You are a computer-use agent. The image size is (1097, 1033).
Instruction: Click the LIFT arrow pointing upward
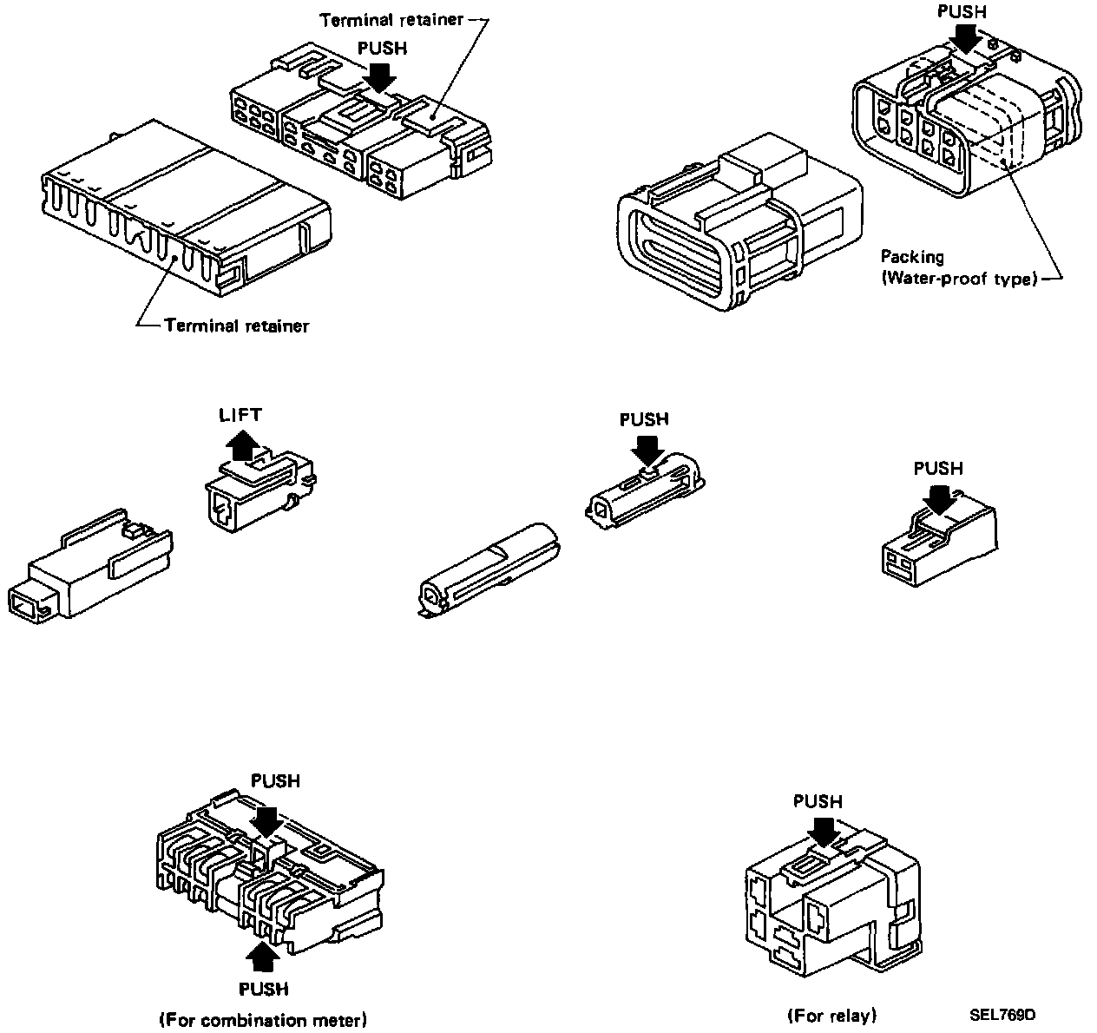click(240, 446)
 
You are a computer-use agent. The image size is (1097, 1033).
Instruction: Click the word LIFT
click(240, 416)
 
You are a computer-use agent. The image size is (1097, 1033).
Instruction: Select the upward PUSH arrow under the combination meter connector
click(263, 957)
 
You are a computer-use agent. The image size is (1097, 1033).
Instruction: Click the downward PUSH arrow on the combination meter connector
click(266, 820)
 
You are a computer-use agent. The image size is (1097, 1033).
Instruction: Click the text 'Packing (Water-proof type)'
click(959, 268)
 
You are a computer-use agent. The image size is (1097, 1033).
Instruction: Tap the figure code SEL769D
click(1003, 1015)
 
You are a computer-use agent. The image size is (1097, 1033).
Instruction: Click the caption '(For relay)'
click(832, 1015)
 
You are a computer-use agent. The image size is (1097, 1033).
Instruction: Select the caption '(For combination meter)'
click(263, 1019)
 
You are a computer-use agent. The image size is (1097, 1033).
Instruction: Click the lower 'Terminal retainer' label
click(236, 326)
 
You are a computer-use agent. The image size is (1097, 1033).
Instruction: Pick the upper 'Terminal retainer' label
click(391, 19)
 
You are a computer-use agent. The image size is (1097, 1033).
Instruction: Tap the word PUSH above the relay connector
click(818, 801)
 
